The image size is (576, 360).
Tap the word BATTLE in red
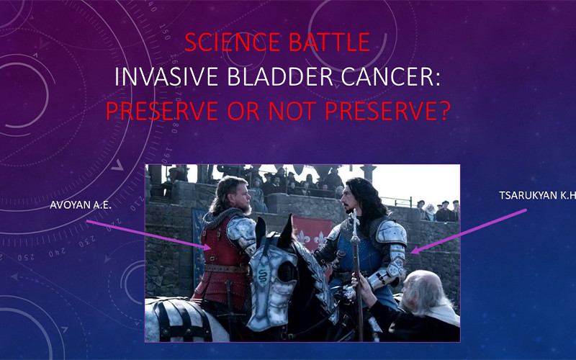(330, 42)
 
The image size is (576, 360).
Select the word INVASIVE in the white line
(167, 76)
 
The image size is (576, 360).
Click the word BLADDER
(280, 76)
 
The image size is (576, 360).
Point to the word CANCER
(390, 76)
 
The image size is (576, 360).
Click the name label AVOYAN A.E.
(81, 205)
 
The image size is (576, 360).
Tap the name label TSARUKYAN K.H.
(537, 195)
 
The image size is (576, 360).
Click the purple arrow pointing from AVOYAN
(148, 235)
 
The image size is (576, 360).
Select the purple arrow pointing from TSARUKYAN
(469, 231)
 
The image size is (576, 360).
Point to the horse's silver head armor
(272, 283)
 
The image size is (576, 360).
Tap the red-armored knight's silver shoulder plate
(240, 232)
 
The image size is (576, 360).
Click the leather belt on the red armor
(226, 269)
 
